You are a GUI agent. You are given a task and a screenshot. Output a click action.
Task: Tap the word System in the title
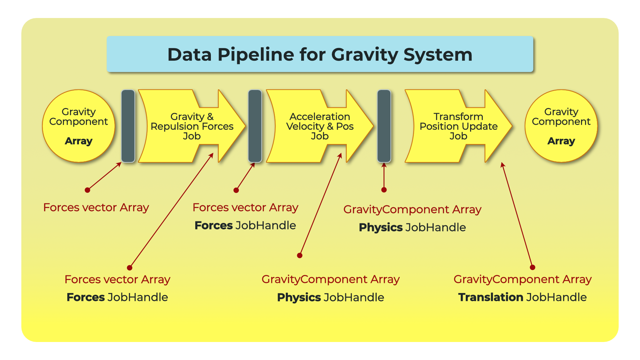click(x=438, y=55)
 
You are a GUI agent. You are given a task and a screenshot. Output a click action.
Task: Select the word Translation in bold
click(x=490, y=297)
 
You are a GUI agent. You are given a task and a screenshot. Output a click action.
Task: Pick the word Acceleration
click(x=320, y=117)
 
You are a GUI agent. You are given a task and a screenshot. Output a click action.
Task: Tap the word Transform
click(x=458, y=117)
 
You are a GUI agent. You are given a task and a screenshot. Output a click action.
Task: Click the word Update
click(x=482, y=127)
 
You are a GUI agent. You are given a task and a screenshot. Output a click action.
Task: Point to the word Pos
click(x=345, y=126)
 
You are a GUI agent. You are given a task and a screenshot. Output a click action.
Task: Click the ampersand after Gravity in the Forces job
click(x=210, y=117)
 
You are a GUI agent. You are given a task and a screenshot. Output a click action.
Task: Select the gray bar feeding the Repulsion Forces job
click(x=128, y=126)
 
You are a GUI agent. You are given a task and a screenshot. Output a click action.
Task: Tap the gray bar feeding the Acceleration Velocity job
click(x=255, y=126)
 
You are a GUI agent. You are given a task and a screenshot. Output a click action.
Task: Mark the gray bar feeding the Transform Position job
click(x=384, y=126)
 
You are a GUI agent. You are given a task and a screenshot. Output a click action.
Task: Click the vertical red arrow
click(x=384, y=176)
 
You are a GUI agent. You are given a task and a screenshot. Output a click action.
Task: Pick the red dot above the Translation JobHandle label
click(x=532, y=267)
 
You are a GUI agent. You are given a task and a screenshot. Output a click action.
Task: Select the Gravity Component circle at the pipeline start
click(x=79, y=126)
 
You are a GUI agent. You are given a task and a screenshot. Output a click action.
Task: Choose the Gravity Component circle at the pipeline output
click(x=561, y=126)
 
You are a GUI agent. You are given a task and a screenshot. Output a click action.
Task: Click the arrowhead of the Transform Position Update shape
click(x=512, y=126)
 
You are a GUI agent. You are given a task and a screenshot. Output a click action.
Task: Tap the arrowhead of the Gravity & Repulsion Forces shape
click(x=245, y=126)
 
